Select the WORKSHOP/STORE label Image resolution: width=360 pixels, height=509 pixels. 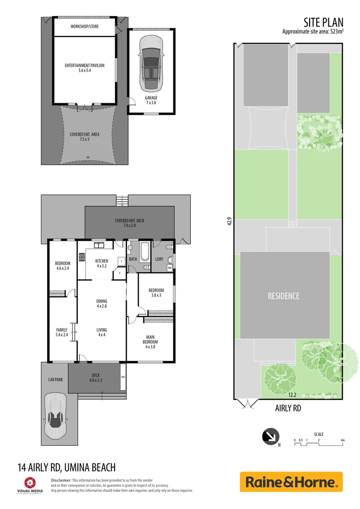click(84, 26)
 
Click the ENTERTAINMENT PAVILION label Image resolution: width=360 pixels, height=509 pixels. click(84, 66)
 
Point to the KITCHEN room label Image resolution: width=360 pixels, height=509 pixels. click(102, 261)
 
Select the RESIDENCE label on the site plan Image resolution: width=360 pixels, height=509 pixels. click(284, 296)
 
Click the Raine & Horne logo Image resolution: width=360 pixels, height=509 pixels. click(291, 482)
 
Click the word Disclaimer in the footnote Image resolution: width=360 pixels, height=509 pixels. click(61, 479)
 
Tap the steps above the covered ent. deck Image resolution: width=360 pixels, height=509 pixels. click(123, 200)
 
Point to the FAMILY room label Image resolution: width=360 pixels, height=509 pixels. click(62, 330)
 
